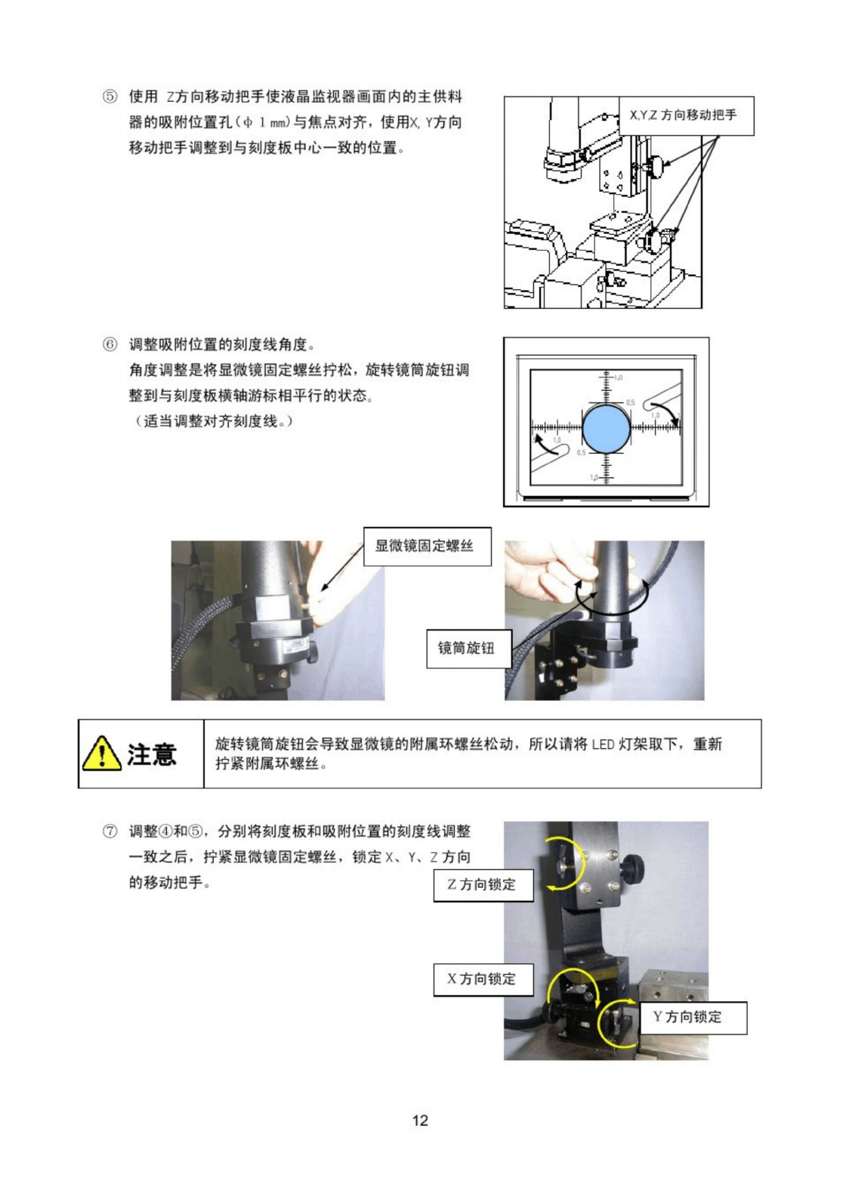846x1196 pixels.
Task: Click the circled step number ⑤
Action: [x=110, y=97]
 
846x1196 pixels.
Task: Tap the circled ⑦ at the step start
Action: [x=110, y=831]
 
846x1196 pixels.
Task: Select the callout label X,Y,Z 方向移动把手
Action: [x=687, y=116]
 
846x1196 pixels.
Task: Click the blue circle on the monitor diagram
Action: [x=607, y=429]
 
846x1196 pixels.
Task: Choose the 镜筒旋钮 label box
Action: [x=469, y=648]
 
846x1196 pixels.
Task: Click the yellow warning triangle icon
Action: [x=101, y=754]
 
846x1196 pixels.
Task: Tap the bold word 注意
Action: [x=152, y=754]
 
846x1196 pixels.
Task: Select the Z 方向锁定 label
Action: [x=483, y=885]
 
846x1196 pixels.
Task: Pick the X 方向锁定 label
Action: [x=483, y=979]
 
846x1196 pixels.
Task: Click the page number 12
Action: [x=420, y=1120]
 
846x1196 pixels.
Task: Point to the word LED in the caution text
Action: [x=603, y=744]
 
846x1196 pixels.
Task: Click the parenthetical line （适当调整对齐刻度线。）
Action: [x=211, y=421]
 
